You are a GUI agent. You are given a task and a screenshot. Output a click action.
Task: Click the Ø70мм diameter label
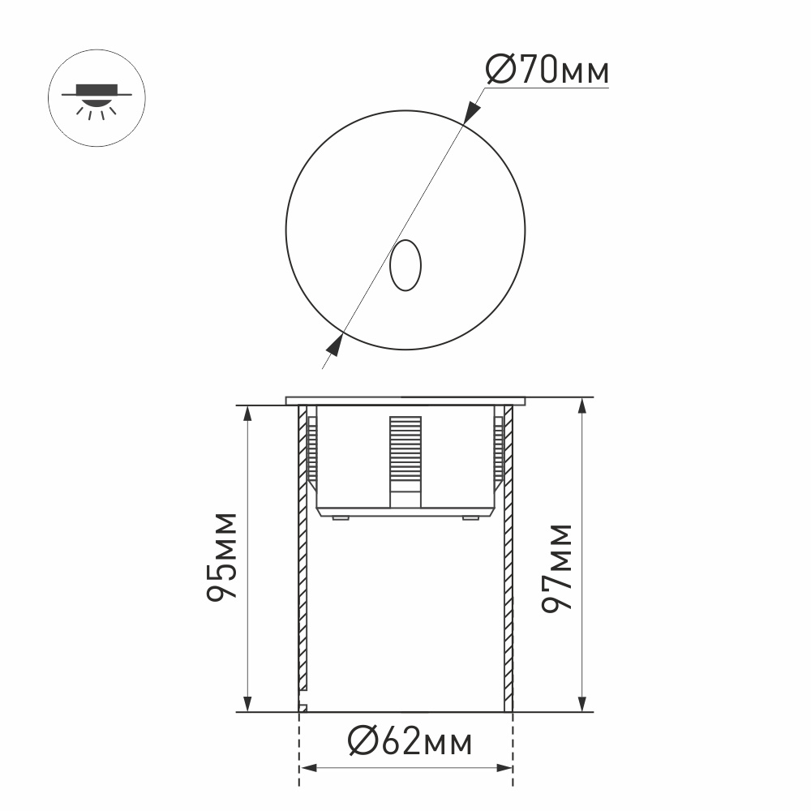[x=547, y=71]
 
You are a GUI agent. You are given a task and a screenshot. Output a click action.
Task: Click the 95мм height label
[x=221, y=556]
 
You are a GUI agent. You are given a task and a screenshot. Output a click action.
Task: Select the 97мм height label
[x=558, y=567]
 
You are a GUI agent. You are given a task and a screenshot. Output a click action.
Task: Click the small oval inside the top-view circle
[x=405, y=265]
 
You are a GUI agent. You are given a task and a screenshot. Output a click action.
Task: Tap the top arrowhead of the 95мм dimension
[x=247, y=414]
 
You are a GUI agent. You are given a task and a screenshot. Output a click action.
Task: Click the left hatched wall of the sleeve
[x=303, y=568]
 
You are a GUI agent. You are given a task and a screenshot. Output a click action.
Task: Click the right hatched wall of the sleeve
[x=508, y=568]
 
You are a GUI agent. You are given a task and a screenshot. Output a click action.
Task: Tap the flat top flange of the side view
[x=405, y=400]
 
